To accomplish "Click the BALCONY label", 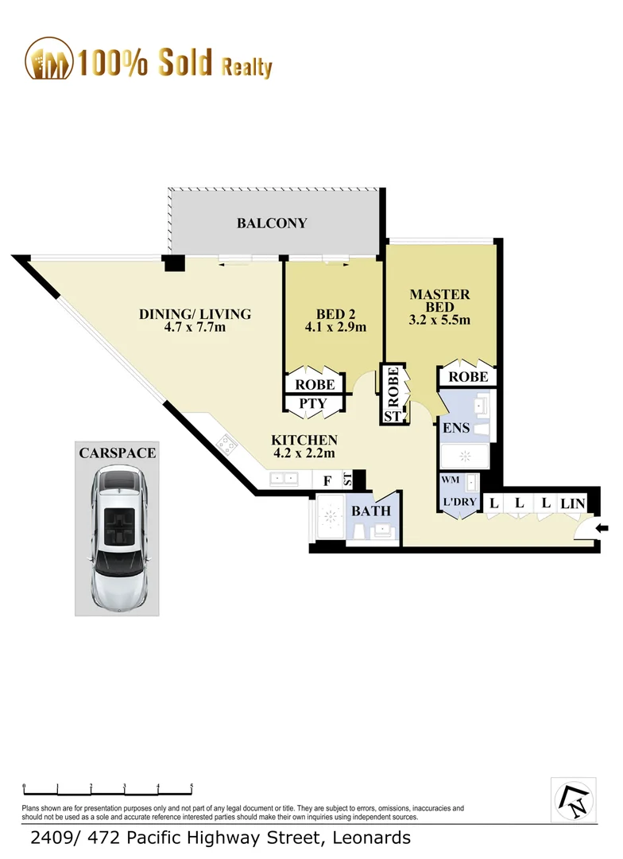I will [x=272, y=223].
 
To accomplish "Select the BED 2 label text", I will [x=335, y=319].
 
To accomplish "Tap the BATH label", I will [x=372, y=510].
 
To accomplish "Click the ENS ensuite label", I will [x=455, y=429].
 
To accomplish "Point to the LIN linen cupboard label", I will [x=572, y=503].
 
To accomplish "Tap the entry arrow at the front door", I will [x=602, y=527].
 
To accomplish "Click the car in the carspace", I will [x=118, y=534].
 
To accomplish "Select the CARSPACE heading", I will [x=117, y=453].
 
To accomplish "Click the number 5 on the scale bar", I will [x=192, y=787].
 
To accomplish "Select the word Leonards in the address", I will [x=369, y=838].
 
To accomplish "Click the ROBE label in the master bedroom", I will [x=468, y=376].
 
